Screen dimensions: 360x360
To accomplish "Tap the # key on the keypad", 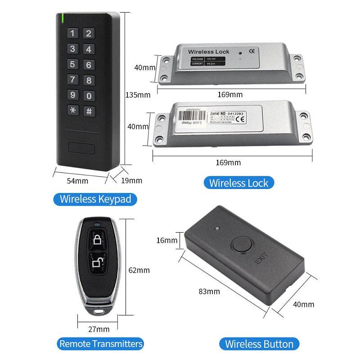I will pos(89,111).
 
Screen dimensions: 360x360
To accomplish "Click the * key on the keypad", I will pos(73,110).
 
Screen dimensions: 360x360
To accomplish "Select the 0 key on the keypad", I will pos(89,95).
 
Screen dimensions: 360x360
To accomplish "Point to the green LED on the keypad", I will pos(62,18).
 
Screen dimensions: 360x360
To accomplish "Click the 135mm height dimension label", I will pos(138,95).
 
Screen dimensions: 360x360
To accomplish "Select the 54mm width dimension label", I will pos(77,181).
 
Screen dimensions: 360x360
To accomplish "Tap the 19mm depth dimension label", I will pos(132,180).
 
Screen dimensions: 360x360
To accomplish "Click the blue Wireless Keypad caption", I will pos(95,198).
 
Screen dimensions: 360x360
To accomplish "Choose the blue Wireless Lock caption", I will pos(239,183).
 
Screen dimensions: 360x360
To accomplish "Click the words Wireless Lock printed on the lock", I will pos(208,52).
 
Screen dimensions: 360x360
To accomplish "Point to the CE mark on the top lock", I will pos(252,50).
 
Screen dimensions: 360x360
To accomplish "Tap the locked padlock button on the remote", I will pos(98,240).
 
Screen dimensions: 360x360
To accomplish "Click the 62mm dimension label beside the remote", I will pos(139,270).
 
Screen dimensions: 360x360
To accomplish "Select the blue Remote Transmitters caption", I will pos(101,344).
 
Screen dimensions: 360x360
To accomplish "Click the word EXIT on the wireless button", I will pos(261,260).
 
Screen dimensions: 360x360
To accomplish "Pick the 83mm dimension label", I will pos(209,291).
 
